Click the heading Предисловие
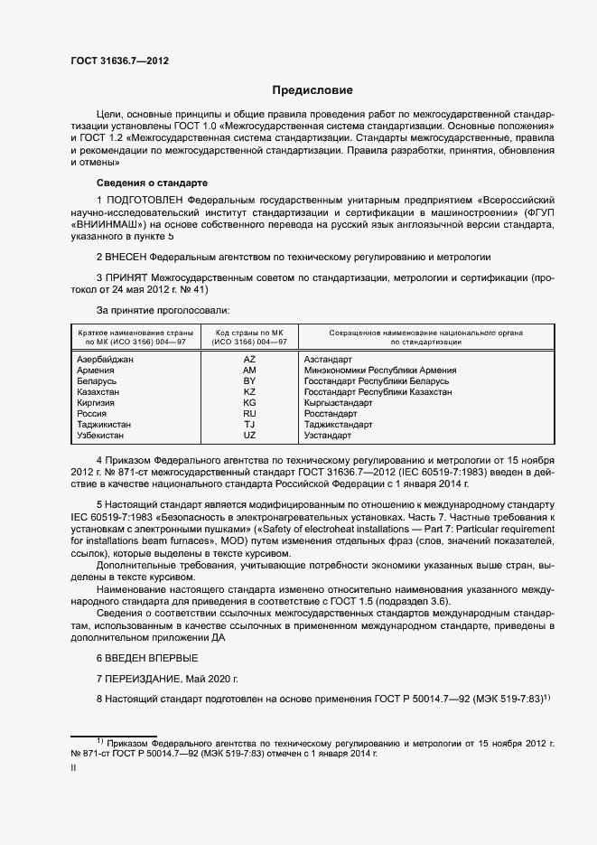(312, 90)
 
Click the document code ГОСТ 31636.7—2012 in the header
(119, 61)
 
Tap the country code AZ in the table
(249, 359)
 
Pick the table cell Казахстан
(100, 391)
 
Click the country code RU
(249, 413)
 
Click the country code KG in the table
(249, 402)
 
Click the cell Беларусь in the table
(98, 380)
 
